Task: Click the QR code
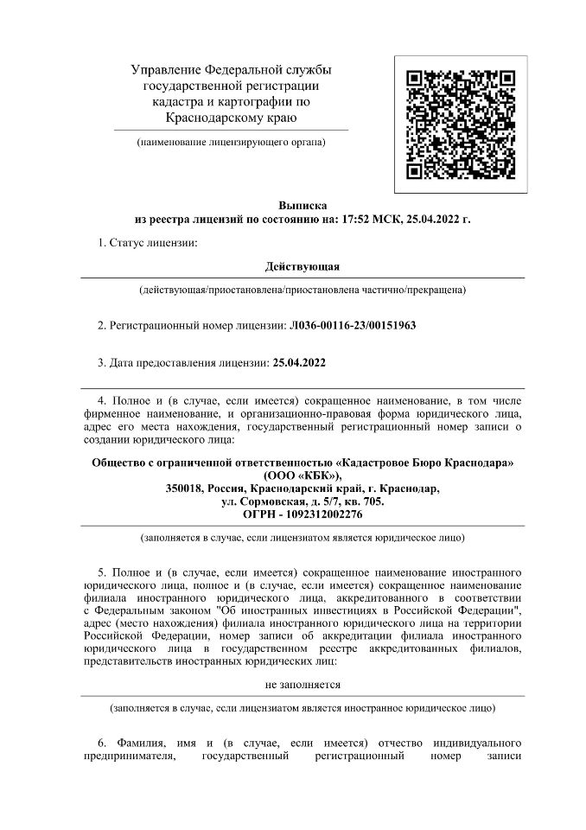(455, 124)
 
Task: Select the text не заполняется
(303, 684)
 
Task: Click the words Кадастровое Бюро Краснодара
(424, 462)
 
